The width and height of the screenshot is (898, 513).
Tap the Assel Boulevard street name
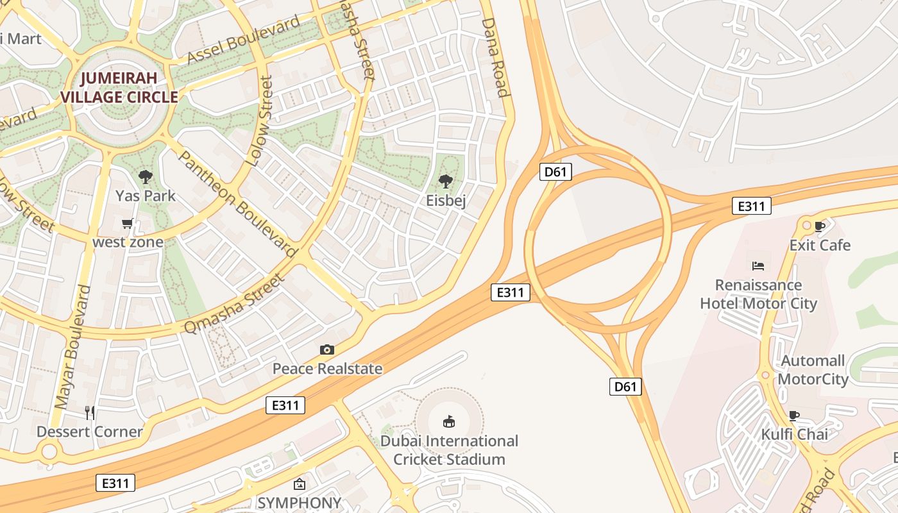coord(244,40)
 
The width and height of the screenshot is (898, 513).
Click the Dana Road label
coord(495,57)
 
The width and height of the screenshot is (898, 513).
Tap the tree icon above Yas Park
coord(146,176)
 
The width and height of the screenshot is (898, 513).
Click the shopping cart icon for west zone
coord(127,224)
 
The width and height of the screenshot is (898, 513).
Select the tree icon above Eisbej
coord(445,181)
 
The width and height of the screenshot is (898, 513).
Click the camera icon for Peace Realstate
coord(327,349)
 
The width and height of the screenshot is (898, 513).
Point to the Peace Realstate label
coord(327,369)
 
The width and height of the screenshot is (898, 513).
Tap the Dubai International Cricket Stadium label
coord(449,450)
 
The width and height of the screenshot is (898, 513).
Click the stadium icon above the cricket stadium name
coord(449,421)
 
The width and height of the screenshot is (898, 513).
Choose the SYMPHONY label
coord(299,503)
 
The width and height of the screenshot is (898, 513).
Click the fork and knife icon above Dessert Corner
coord(90,412)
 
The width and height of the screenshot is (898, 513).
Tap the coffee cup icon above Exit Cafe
coord(819,226)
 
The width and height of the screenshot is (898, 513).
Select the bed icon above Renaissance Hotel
coord(758,265)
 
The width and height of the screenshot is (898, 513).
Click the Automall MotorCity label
coord(813,370)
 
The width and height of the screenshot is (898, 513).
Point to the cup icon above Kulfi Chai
coord(794,415)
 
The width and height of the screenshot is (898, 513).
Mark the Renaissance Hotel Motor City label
coord(758,294)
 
